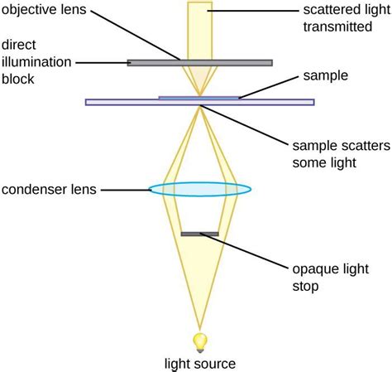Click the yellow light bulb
tap(199, 340)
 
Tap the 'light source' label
tap(199, 364)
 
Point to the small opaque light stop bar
tap(199, 234)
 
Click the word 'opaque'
tap(317, 270)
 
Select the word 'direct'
tap(18, 44)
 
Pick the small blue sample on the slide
tap(199, 98)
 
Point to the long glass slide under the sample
tap(124, 103)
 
